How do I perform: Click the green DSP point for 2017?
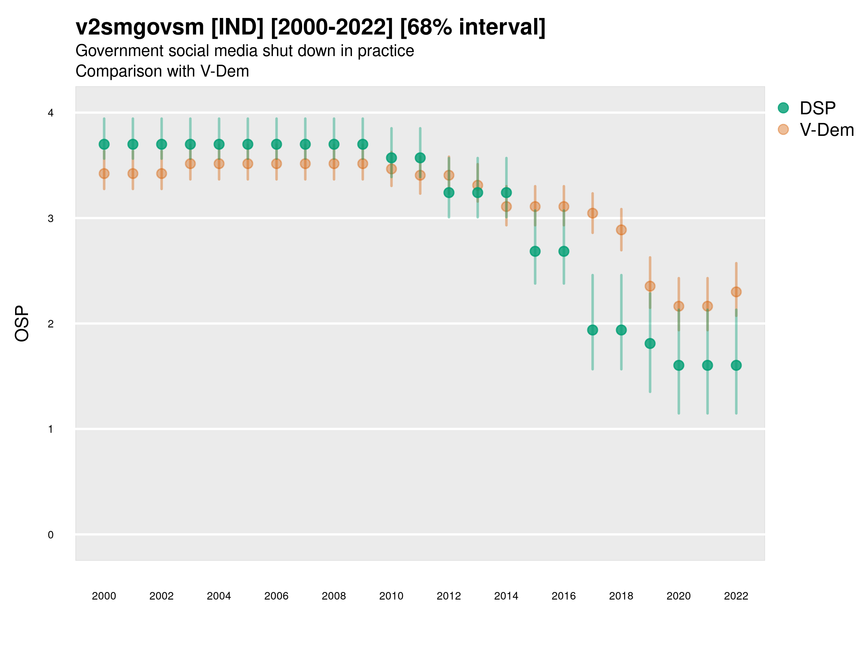coord(592,330)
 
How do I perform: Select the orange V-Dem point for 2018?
coord(621,230)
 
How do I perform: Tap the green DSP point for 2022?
coord(736,366)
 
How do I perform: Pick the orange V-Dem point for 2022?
coord(736,292)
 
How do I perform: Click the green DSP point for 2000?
coord(104,144)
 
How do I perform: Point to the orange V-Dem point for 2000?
coord(104,174)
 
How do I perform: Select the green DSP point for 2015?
coord(535,251)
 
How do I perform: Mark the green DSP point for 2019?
coord(650,344)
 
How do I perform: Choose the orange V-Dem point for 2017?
coord(592,213)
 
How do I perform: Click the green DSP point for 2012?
coord(449,193)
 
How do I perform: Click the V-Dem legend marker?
coord(783,129)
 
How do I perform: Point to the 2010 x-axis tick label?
coord(391,596)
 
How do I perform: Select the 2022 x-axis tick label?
coord(736,596)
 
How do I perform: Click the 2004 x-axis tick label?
coord(219,596)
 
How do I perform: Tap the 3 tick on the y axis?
coord(51,219)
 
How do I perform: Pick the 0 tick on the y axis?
coord(51,535)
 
